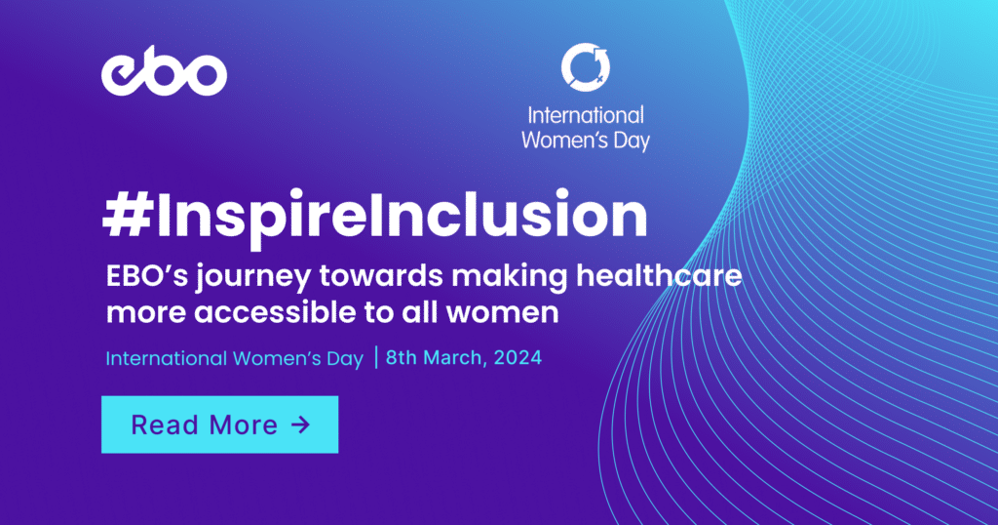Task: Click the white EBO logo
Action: coord(164,75)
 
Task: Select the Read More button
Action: coord(219,424)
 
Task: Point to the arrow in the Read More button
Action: coord(300,424)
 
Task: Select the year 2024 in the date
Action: coord(518,357)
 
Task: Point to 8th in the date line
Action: coord(402,357)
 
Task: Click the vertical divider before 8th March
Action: coord(375,357)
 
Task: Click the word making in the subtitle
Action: coord(499,277)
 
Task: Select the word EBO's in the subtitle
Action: coord(140,277)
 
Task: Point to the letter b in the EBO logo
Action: coord(164,73)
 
